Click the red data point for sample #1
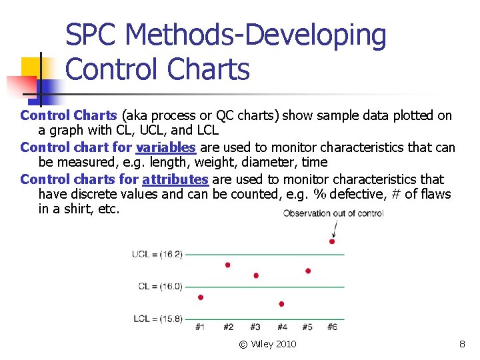[x=201, y=297]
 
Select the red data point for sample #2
[x=228, y=265]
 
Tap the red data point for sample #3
[x=256, y=275]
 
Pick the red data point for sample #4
[x=281, y=304]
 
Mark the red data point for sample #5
[x=308, y=271]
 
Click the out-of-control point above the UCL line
[x=332, y=241]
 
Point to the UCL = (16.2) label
[x=157, y=254]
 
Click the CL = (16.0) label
[x=160, y=287]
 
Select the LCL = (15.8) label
[x=157, y=319]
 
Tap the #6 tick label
[x=333, y=327]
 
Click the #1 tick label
[x=201, y=327]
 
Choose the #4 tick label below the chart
[x=281, y=327]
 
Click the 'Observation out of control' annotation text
[x=333, y=213]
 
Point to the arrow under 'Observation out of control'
[x=334, y=228]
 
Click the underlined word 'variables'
[x=165, y=147]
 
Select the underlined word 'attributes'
[x=175, y=179]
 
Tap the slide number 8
[x=462, y=344]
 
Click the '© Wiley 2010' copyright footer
[x=268, y=344]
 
